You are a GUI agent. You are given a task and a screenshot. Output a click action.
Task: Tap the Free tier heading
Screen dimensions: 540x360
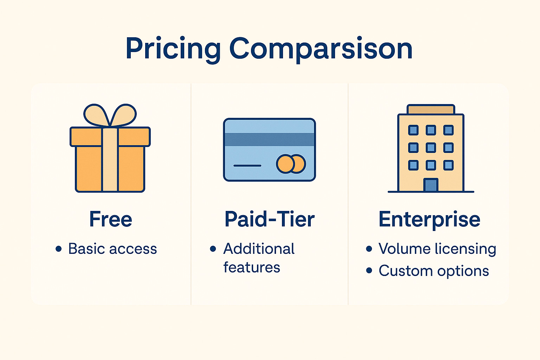click(x=111, y=219)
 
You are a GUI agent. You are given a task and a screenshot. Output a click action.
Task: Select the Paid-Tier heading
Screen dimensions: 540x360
click(x=270, y=219)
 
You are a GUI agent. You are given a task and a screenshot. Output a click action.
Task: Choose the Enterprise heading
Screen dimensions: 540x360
click(x=429, y=220)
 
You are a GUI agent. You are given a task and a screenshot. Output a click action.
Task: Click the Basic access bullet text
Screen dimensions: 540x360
click(x=112, y=249)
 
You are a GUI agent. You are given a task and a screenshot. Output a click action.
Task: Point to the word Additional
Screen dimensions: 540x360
click(x=259, y=249)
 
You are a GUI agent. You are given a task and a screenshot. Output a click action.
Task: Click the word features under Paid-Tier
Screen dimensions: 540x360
click(x=252, y=267)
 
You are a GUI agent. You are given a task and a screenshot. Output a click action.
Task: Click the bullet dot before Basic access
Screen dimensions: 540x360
click(x=59, y=249)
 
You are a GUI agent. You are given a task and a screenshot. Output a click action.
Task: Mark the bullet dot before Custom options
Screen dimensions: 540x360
click(x=369, y=270)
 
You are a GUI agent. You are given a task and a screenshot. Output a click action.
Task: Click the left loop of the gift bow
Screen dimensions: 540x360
click(x=96, y=115)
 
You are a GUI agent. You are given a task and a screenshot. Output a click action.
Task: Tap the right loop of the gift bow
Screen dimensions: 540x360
click(x=124, y=115)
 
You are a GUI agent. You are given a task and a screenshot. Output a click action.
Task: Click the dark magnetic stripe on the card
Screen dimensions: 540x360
click(x=270, y=139)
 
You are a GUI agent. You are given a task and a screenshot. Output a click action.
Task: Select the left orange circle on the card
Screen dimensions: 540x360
click(x=285, y=164)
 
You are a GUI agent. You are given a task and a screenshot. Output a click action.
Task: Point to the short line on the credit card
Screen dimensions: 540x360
click(x=247, y=166)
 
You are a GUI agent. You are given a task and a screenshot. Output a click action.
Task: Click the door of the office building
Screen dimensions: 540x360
click(x=431, y=185)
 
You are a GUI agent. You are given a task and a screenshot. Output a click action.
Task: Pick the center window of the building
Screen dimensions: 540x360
click(x=431, y=148)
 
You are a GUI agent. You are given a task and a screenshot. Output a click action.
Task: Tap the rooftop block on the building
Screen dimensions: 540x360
click(x=431, y=109)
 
